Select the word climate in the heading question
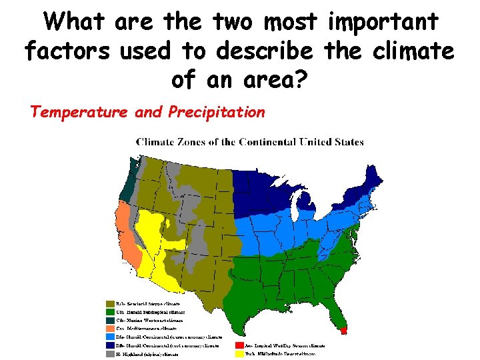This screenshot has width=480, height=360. click(418, 50)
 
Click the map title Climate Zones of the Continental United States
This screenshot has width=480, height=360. click(250, 141)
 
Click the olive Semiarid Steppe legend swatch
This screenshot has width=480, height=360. click(110, 303)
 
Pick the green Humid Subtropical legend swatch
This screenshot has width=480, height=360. click(110, 311)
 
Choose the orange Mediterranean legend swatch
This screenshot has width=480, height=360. click(110, 329)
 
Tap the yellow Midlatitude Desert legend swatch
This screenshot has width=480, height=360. click(239, 354)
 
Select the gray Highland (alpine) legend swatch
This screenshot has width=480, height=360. click(110, 354)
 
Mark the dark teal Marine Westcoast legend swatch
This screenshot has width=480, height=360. click(110, 320)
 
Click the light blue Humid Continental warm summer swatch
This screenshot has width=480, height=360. click(110, 337)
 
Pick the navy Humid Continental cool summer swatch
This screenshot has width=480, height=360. click(110, 346)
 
